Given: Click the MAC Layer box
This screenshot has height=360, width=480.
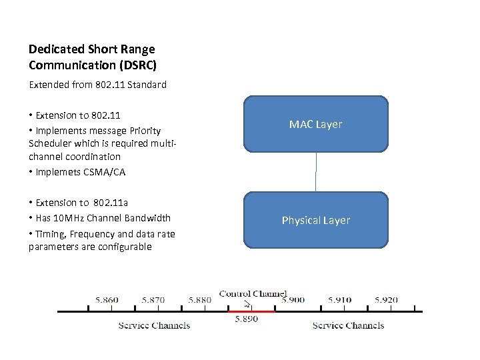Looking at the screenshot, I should tap(315, 125).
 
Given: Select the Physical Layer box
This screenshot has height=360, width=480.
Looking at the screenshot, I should tap(315, 221).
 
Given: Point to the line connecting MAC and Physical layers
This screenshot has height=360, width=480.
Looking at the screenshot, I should tap(315, 173).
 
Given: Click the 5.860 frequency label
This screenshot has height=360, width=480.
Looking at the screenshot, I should tap(107, 300).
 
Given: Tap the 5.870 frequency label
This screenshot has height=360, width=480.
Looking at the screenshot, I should tap(153, 300).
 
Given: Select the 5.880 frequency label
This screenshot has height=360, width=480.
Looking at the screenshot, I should tap(199, 300).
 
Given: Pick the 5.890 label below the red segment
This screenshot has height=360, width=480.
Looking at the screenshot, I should tap(246, 319).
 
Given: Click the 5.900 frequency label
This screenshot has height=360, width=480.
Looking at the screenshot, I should tap(293, 300).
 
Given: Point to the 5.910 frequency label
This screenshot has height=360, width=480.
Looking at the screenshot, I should tap(339, 300).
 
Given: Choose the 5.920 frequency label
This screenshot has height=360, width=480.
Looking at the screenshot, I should tap(386, 300).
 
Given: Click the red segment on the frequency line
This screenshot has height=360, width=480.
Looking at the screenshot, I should tap(251, 311).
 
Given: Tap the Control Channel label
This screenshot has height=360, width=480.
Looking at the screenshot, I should tap(253, 293).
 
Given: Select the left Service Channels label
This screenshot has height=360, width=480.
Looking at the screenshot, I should tap(154, 325).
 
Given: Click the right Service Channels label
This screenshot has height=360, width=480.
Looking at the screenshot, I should tap(348, 325).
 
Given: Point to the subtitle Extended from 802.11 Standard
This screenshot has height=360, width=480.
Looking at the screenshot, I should tap(97, 85).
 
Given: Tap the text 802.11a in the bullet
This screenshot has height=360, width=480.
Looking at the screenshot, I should tap(111, 203).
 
